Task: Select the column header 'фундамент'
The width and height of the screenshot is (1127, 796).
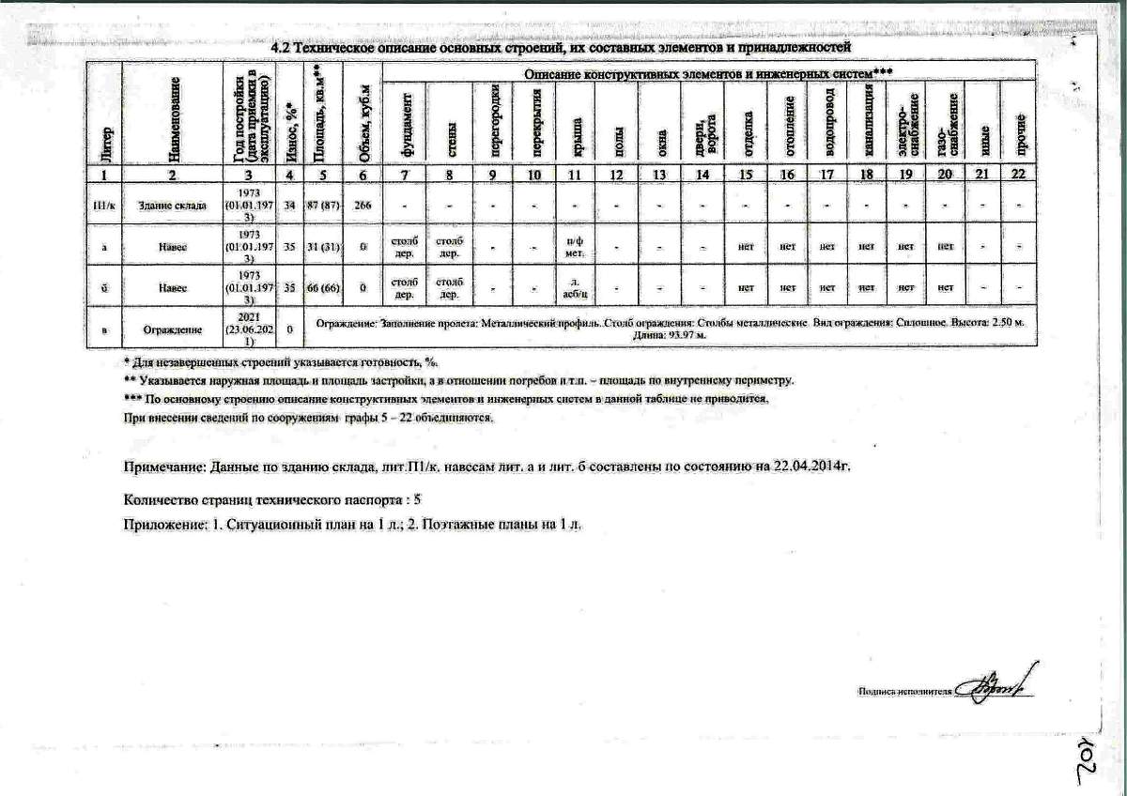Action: [x=406, y=119]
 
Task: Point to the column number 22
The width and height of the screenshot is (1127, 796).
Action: [x=1018, y=175]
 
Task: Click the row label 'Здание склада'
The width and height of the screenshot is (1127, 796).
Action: [x=172, y=205]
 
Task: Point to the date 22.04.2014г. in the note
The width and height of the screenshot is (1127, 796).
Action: [x=810, y=466]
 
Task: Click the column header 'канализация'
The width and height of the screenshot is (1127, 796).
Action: [x=868, y=119]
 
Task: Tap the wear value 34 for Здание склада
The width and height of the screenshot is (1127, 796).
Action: [x=289, y=205]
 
